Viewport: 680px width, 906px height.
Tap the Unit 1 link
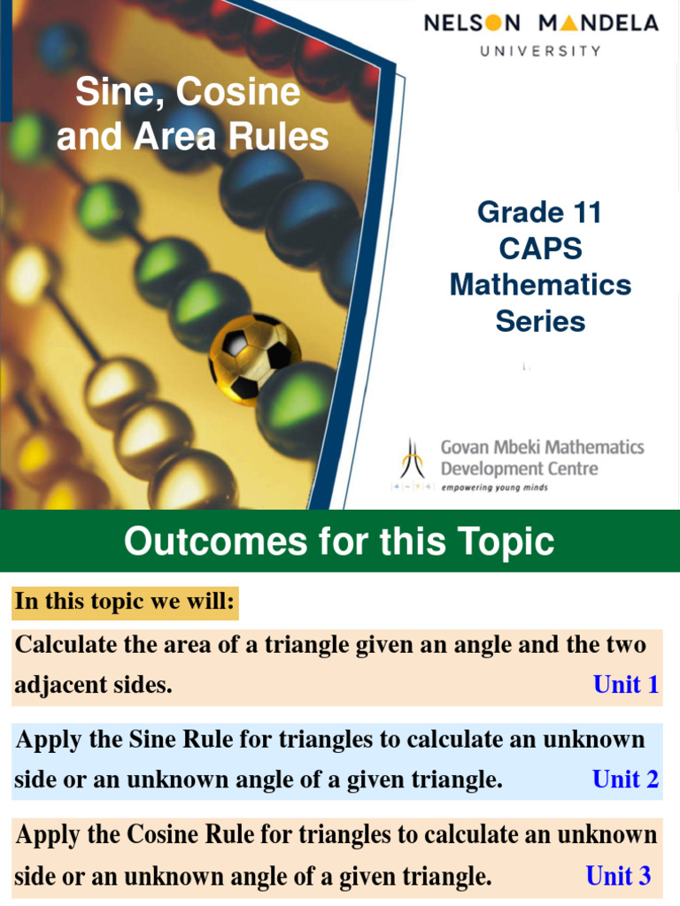tap(626, 685)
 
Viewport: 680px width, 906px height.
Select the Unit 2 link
tap(625, 779)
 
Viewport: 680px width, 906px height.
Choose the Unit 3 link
tap(618, 876)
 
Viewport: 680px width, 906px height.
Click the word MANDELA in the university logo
tap(599, 22)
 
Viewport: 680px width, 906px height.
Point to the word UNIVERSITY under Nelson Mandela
tap(540, 50)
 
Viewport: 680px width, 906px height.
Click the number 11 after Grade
tap(584, 212)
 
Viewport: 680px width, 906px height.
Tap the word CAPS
tap(540, 249)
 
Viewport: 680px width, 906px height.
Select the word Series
tap(540, 321)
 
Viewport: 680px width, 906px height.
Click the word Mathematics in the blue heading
tap(540, 285)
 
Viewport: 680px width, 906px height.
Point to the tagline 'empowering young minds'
tap(494, 488)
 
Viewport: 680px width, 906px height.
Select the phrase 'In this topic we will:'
tap(125, 603)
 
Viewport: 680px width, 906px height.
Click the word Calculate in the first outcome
tap(67, 645)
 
